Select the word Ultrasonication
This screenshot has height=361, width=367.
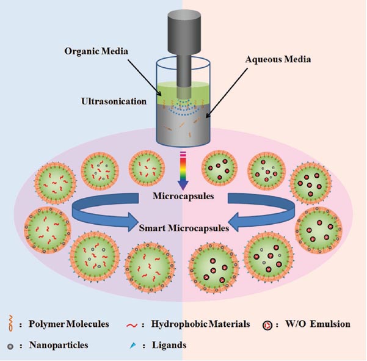click(109, 98)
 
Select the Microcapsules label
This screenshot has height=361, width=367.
click(183, 197)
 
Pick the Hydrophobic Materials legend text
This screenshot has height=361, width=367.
click(206, 324)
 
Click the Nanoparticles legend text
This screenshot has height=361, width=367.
click(59, 345)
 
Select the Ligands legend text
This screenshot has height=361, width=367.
click(169, 345)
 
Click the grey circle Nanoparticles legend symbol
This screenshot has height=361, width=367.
click(13, 346)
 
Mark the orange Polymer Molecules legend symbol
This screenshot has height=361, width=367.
click(13, 324)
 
